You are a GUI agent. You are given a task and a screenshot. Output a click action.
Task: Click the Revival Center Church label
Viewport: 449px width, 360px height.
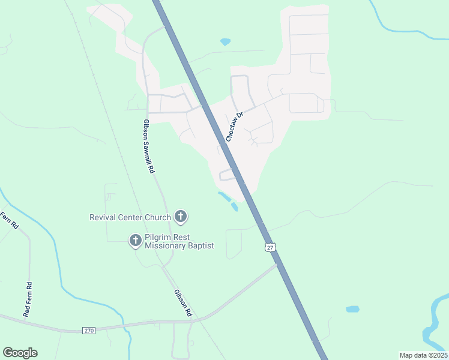[x=130, y=217]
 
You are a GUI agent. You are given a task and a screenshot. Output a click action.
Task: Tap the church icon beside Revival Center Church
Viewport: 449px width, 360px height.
[x=180, y=217]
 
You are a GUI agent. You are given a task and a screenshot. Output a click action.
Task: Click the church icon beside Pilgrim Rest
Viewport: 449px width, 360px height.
[x=135, y=241]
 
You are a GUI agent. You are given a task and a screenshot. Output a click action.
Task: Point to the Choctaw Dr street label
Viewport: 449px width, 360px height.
[x=234, y=127]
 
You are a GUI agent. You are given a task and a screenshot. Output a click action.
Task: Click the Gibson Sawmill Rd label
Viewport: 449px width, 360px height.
[x=148, y=146]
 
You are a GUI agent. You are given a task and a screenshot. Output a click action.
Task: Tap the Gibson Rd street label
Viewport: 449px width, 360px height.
[x=182, y=302]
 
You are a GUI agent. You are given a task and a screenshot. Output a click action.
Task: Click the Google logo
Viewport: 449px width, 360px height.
[x=20, y=353]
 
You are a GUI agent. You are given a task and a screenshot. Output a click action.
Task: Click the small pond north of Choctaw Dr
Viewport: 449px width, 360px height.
[x=225, y=42]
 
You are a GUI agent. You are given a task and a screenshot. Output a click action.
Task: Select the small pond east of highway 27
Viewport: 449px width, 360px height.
[x=352, y=310]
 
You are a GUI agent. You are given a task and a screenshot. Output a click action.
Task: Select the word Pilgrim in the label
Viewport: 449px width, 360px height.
[x=159, y=236]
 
